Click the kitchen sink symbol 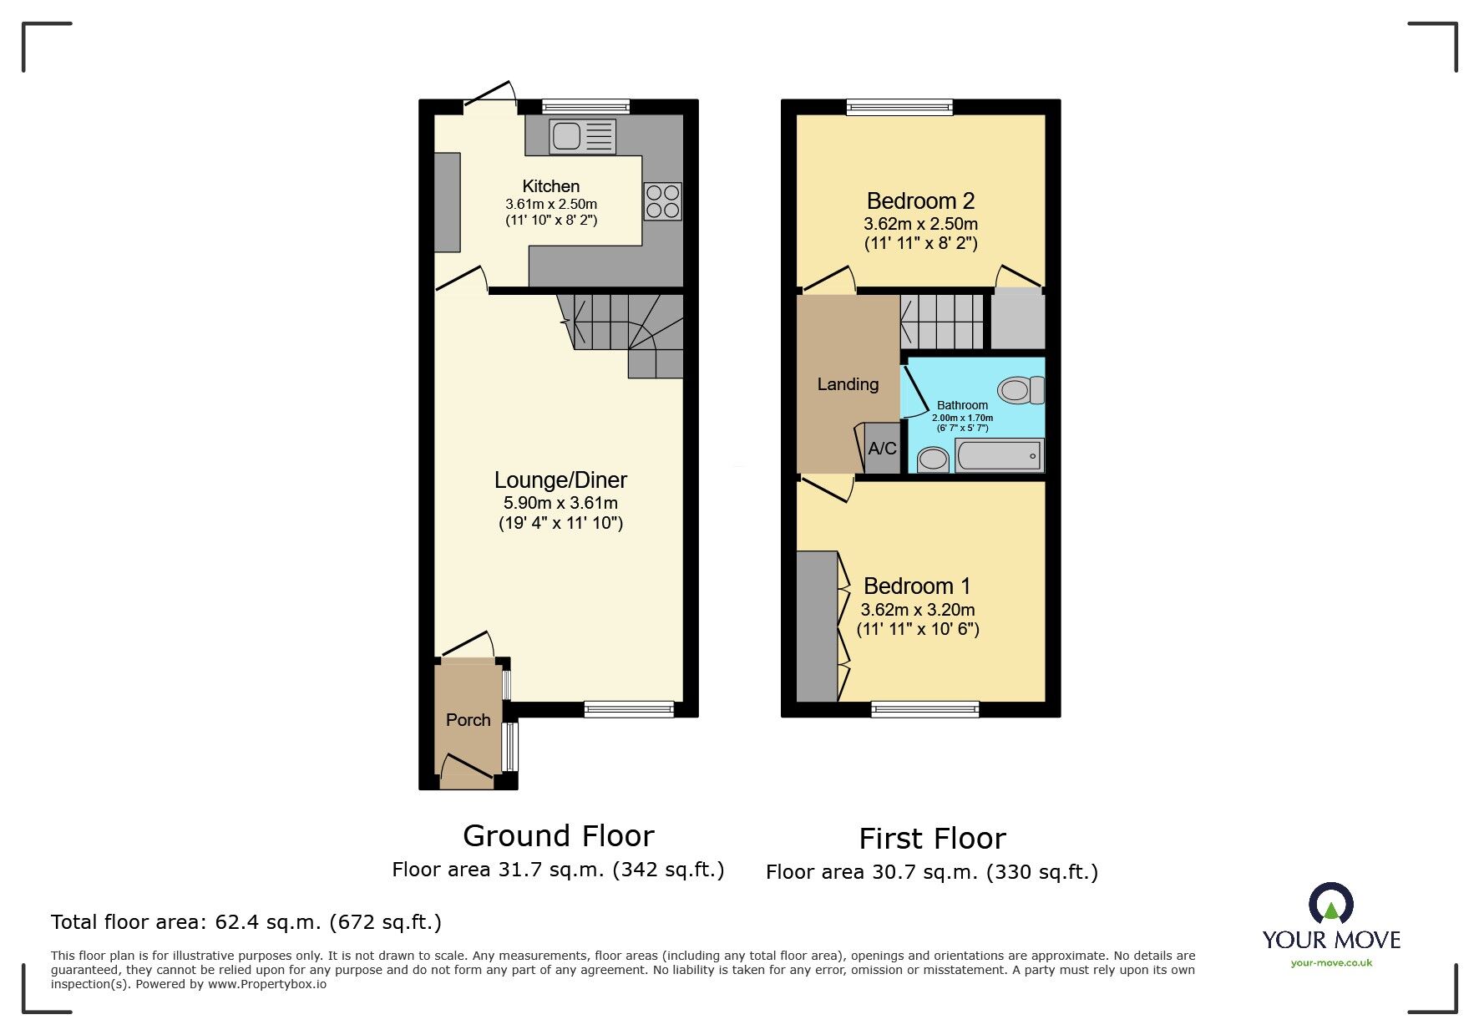pos(582,136)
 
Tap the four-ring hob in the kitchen pos(663,201)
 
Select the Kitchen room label pos(551,186)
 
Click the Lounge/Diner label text pos(560,480)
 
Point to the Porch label pos(469,720)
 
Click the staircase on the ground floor pos(621,334)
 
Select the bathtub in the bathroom pos(1000,456)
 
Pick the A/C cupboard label pos(883,449)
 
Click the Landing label pos(848,384)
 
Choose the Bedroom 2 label pos(920,201)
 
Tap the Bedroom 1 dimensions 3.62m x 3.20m pos(918,610)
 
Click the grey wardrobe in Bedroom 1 pos(817,627)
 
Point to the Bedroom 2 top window pos(899,107)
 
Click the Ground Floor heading pos(559,835)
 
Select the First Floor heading pos(933,838)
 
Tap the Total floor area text pos(246,922)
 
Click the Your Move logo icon pos(1331,904)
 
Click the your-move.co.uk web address pos(1332,963)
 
